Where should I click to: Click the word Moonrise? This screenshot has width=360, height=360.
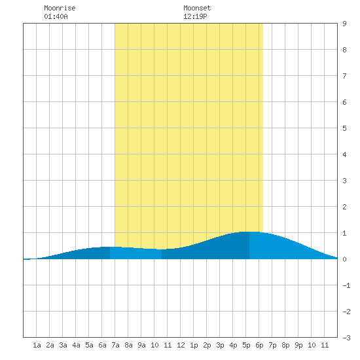pos(60,8)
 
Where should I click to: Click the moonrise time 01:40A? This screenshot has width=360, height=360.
pos(56,16)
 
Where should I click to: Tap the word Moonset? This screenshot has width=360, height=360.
pos(197,8)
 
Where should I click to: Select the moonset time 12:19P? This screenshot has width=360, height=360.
pos(195,16)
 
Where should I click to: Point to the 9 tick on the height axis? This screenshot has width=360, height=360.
pos(344,24)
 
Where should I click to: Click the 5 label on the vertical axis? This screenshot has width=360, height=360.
pos(344,128)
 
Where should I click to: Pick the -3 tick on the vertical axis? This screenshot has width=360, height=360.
pos(346,338)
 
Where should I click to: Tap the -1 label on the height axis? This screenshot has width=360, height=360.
pos(346,285)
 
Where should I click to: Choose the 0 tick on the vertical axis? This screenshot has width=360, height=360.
pos(344,259)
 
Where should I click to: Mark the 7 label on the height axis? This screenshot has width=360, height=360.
pos(344,76)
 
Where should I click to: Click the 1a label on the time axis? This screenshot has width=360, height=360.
pos(37,345)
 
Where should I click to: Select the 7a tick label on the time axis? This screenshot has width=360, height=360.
pos(115,345)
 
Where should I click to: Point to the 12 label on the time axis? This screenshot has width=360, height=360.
pos(181,345)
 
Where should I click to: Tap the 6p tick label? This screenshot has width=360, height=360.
pos(259,345)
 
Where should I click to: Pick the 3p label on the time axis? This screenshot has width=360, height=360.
pos(220,345)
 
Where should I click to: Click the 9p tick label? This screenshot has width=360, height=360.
pos(298,345)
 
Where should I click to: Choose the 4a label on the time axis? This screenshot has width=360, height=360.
pos(76,345)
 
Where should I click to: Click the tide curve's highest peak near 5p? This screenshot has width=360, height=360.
pos(249,232)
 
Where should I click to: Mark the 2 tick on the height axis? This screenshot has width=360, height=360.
pos(344,207)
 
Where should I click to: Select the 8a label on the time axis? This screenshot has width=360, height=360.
pos(128,345)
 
